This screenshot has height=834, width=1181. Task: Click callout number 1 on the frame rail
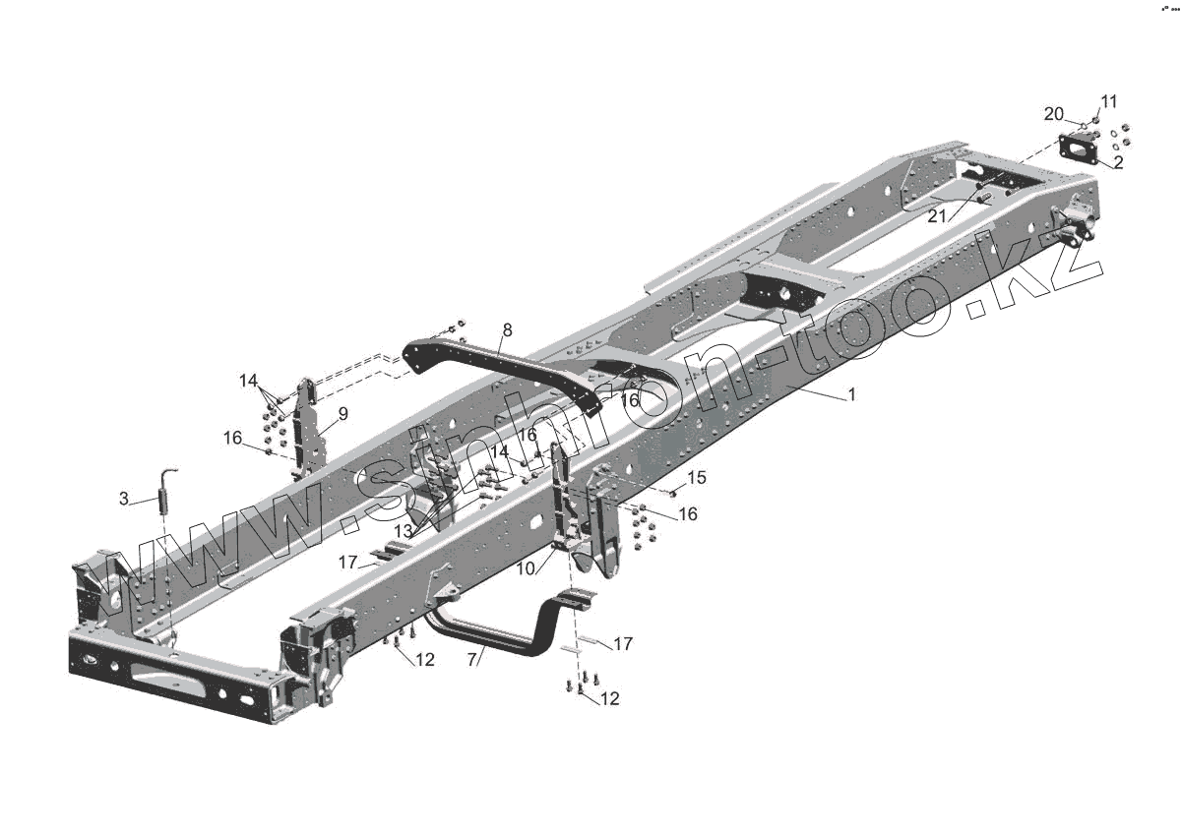coord(851,394)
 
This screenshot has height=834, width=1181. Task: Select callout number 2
coord(1118,162)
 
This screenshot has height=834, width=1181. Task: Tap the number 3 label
coord(123,498)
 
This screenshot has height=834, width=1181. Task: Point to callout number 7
coord(471,659)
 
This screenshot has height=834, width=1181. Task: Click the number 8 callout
coord(507,330)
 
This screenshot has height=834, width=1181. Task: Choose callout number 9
coord(343,414)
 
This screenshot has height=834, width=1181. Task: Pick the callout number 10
coord(526,568)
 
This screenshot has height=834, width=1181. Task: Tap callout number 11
coord(1109,101)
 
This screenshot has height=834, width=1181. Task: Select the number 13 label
coord(404,532)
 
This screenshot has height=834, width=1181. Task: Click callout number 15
coord(697,478)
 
